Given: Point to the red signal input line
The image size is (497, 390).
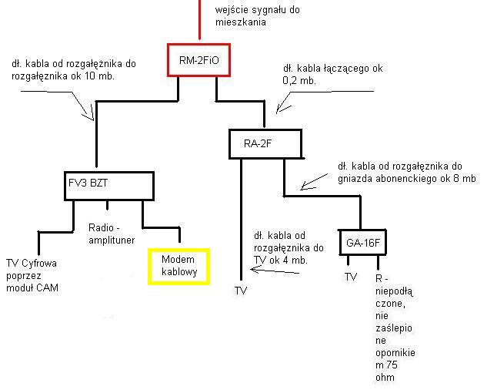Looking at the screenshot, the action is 199,20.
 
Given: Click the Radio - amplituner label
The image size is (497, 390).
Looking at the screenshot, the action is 112,234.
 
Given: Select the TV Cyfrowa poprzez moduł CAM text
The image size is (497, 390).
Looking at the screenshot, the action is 32,275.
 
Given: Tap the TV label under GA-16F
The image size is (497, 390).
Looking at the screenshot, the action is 351,277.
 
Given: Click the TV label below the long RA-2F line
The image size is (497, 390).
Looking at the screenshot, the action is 241,291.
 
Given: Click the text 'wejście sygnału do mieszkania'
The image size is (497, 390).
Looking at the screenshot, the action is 258,15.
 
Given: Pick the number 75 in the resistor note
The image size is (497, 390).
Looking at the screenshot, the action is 392,365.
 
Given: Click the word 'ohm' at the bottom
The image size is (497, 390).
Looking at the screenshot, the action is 385,378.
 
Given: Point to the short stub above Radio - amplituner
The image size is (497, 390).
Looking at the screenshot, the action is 107,205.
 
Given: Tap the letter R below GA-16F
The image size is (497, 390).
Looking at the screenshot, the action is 379,278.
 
